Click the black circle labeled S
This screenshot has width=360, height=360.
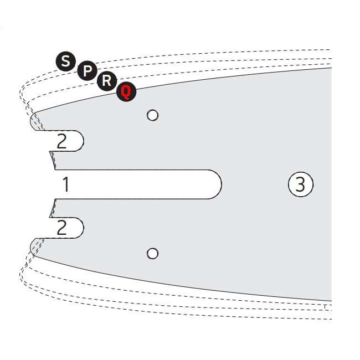66,61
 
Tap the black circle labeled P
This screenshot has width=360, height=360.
87,71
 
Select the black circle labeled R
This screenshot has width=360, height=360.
107,81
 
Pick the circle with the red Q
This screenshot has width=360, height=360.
126,91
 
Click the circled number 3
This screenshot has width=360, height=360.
301,184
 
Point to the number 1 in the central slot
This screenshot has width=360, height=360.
66,184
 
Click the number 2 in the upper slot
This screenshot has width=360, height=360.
61,141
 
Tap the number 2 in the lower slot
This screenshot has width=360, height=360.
61,228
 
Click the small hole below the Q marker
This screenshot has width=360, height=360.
152,115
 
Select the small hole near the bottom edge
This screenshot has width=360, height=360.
152,254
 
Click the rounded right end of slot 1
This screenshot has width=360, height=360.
221,184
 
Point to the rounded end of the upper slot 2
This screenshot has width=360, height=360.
83,141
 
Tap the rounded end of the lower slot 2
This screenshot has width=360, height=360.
83,228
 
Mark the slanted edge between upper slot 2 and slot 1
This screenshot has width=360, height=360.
53,161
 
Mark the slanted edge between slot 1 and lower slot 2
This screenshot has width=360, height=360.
53,208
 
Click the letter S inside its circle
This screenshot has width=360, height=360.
66,61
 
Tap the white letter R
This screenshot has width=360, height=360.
107,81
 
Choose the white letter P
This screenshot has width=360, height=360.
88,71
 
